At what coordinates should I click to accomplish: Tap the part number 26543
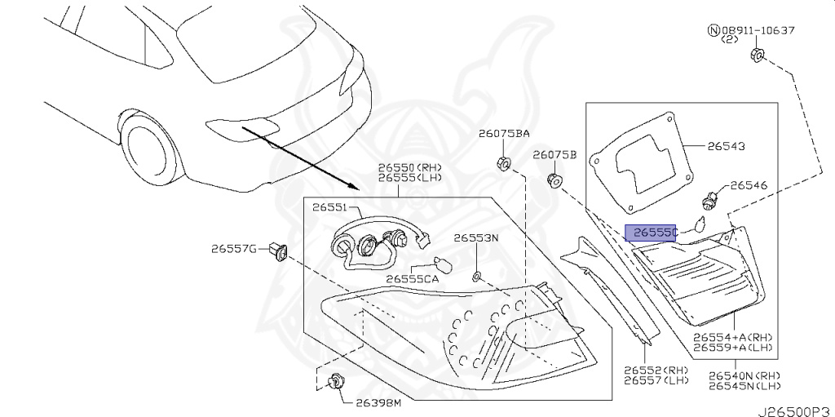(x=726, y=146)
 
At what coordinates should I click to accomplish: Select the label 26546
(x=749, y=185)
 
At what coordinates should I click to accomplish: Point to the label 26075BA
(x=503, y=135)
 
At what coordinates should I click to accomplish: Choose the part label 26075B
(x=554, y=155)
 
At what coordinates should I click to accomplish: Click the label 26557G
(x=234, y=248)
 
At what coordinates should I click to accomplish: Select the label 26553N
(x=476, y=237)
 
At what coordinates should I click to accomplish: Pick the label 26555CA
(x=413, y=278)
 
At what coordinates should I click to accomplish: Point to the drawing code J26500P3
(x=796, y=411)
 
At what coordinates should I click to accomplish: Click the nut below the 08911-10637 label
(x=758, y=55)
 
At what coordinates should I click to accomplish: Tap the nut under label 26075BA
(x=503, y=162)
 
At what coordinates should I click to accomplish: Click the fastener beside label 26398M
(x=335, y=382)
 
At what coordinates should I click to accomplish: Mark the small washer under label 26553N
(x=476, y=276)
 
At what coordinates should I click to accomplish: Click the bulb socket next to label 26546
(x=708, y=202)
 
